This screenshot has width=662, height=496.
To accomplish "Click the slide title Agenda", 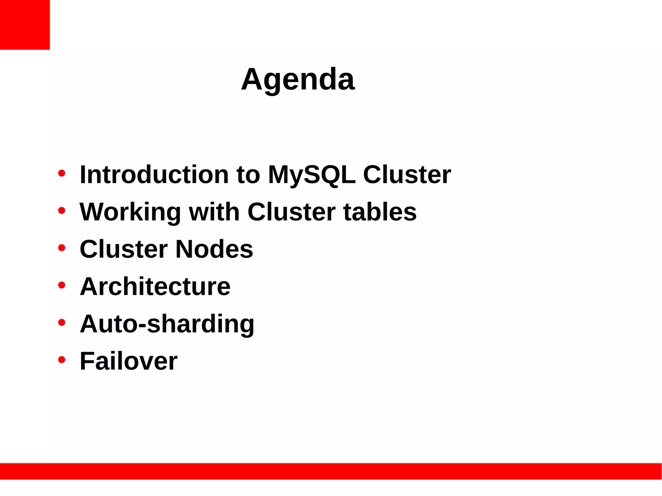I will [x=298, y=79].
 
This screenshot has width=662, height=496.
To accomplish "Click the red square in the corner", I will [x=25, y=25].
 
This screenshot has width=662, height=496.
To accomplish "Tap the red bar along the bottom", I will [x=331, y=471].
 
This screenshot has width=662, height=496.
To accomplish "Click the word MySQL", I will [x=312, y=175].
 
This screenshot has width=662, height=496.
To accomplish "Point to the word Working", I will [x=130, y=212].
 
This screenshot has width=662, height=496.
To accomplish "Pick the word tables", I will [x=380, y=212].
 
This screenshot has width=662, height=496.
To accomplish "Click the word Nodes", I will [x=214, y=249].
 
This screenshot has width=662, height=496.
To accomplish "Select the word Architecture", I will [x=155, y=287].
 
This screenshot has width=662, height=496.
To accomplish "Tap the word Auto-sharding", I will [x=167, y=324].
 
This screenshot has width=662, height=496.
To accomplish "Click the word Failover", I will [x=129, y=361].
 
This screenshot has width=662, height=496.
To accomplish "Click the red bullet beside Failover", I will [x=62, y=360].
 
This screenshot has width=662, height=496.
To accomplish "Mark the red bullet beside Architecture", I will [x=62, y=285].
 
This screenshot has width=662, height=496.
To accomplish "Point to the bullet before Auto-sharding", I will [x=62, y=322].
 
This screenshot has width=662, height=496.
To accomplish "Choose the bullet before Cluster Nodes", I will [x=62, y=248].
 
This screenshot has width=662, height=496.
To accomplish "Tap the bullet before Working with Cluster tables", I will [x=62, y=211].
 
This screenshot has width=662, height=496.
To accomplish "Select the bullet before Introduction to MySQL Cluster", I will [x=62, y=174].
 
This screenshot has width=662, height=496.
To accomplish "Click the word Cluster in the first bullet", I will [x=407, y=175].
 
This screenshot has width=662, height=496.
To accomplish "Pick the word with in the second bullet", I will [x=214, y=212].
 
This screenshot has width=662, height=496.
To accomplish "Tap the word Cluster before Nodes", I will [x=124, y=249].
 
